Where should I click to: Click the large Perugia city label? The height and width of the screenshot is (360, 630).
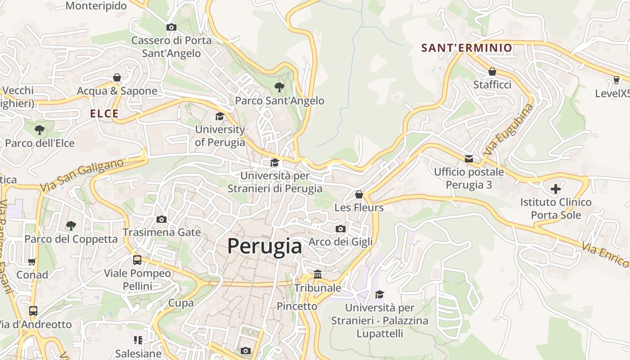point(265,246)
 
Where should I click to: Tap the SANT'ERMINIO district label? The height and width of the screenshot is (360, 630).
point(467,48)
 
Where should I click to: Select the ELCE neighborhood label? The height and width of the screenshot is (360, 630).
point(104,114)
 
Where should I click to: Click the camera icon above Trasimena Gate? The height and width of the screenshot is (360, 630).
point(161,220)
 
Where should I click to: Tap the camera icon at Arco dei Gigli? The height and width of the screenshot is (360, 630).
point(341,229)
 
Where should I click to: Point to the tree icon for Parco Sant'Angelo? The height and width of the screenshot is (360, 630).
point(279,87)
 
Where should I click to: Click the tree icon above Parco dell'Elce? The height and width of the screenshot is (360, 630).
point(40,130)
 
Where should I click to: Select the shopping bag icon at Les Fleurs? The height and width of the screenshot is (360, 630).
point(359,194)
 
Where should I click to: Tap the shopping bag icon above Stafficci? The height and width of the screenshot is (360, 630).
point(492,72)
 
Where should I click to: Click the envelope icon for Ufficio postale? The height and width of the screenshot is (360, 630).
point(469,159)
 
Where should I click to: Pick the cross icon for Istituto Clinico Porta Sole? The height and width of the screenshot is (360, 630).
point(556,189)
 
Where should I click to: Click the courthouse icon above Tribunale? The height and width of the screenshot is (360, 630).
point(318,274)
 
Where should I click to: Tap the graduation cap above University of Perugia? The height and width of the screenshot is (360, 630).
point(220,117)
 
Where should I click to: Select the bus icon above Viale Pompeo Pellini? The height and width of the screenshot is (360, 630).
point(137,260)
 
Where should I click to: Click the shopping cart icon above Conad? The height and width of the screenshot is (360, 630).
point(32,261)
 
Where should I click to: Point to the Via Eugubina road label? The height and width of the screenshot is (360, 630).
point(508,130)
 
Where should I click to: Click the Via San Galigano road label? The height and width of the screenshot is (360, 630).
point(81,175)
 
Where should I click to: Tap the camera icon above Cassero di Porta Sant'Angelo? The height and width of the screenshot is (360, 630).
point(171,27)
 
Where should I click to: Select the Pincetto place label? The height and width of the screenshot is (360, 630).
point(297,306)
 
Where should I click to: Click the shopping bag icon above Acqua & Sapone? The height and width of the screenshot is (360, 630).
point(117,78)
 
